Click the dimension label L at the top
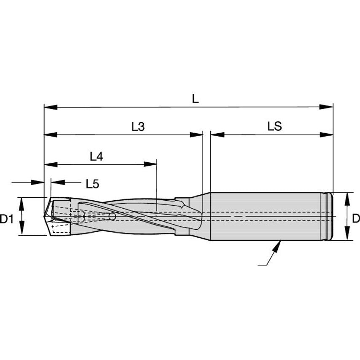pyautogui.click(x=194, y=99)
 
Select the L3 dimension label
pyautogui.click(x=137, y=126)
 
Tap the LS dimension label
pyautogui.click(x=274, y=126)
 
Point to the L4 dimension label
pyautogui.click(x=97, y=156)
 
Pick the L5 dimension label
pyautogui.click(x=92, y=184)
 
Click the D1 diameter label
pyautogui.click(x=6, y=219)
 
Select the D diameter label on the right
pyautogui.click(x=356, y=219)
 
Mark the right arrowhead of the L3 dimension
pyautogui.click(x=196, y=135)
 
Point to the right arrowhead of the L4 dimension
pyautogui.click(x=150, y=164)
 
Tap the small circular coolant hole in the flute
pyautogui.click(x=112, y=216)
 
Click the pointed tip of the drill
pyautogui.click(x=44, y=216)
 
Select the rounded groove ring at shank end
pyautogui.click(x=329, y=216)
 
